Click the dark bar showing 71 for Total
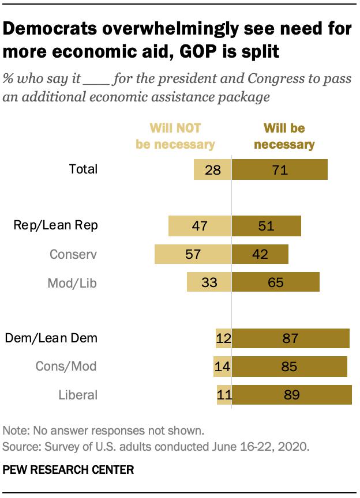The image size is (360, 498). (279, 170)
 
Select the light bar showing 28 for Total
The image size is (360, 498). (212, 170)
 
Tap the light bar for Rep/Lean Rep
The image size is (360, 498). (200, 226)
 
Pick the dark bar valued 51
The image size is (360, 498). (266, 226)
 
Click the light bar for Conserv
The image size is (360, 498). (193, 254)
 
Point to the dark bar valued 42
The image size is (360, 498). (260, 254)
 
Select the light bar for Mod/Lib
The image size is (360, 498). (209, 282)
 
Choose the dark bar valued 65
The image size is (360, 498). (275, 282)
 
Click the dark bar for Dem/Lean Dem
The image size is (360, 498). (290, 338)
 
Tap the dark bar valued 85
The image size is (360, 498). (289, 366)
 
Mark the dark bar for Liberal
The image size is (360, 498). (291, 395)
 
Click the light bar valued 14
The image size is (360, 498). (222, 366)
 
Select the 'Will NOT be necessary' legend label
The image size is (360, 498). (175, 136)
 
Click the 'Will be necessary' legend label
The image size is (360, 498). (284, 136)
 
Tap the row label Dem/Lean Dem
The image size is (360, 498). (51, 338)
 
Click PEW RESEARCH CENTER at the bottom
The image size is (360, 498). (68, 470)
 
